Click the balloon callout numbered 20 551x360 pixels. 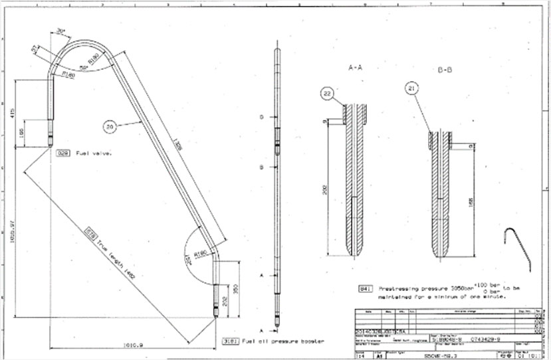click(x=110, y=124)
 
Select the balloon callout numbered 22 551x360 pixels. click(x=328, y=94)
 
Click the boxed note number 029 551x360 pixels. click(x=63, y=152)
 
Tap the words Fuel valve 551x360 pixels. click(x=94, y=152)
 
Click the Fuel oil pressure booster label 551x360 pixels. click(x=282, y=340)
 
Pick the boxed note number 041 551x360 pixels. click(x=364, y=290)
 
